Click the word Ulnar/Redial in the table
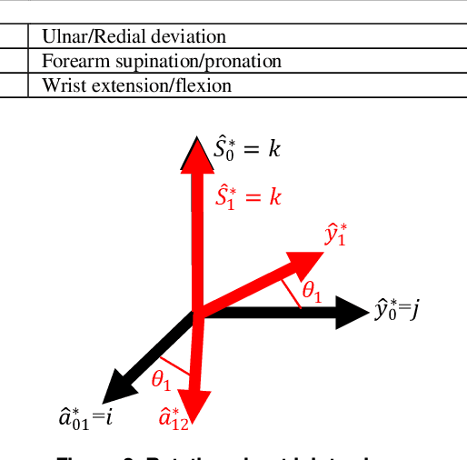[x=89, y=37]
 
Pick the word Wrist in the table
[x=65, y=86]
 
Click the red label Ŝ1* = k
[x=247, y=195]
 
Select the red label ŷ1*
[x=335, y=235]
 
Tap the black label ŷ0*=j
[x=396, y=311]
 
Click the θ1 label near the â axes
[x=162, y=381]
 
